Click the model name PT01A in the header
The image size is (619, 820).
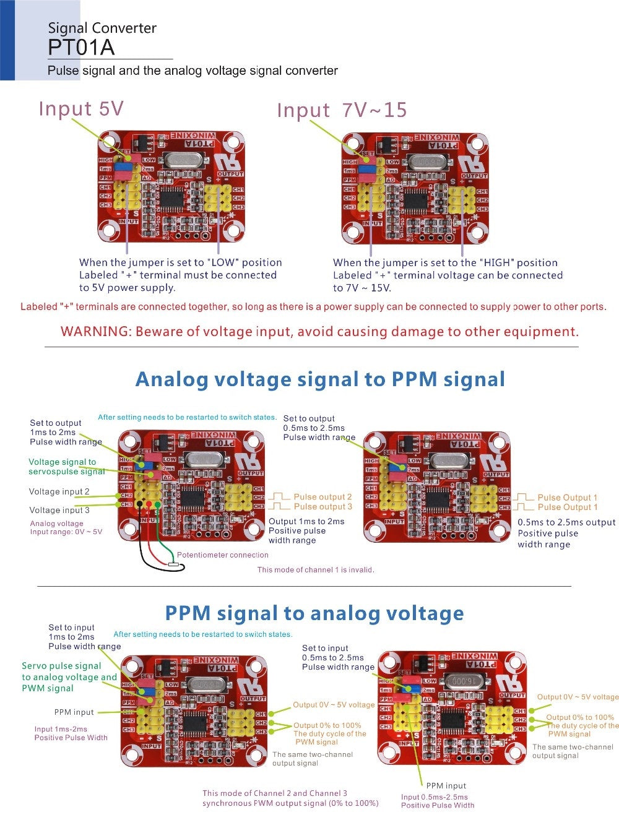[x=81, y=48]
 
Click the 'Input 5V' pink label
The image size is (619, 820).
[x=81, y=108]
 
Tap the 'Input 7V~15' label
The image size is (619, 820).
[x=342, y=110]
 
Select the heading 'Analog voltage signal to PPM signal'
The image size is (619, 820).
[x=320, y=379]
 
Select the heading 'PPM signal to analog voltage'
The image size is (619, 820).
[x=314, y=613]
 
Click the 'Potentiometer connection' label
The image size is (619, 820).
[x=223, y=555]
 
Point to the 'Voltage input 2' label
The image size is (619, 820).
[x=59, y=491]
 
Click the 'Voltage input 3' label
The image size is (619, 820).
[x=59, y=510]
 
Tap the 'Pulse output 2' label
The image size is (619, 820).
[x=322, y=497]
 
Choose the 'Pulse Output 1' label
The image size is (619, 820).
[x=567, y=498]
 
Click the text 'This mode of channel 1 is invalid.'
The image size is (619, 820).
[x=316, y=570]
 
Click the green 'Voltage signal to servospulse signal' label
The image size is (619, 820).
[x=66, y=467]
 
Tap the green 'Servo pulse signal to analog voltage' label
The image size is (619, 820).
[x=69, y=677]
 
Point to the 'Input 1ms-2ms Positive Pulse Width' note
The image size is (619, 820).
[x=71, y=733]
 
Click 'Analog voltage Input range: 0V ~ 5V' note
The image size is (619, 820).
[x=66, y=528]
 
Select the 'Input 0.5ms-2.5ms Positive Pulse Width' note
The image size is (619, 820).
[x=437, y=801]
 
